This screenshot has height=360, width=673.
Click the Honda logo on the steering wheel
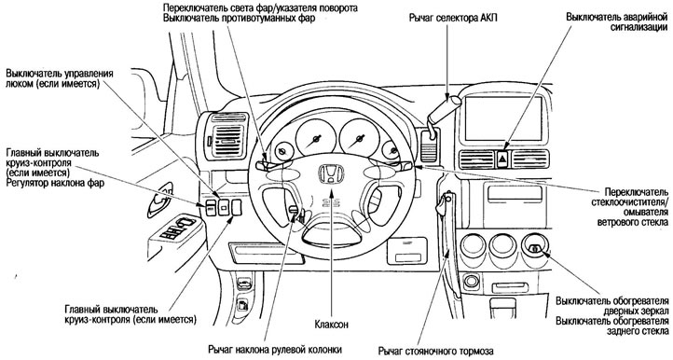click(x=330, y=174)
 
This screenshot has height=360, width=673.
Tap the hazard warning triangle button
click(x=502, y=159)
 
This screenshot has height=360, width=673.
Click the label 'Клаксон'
click(x=331, y=325)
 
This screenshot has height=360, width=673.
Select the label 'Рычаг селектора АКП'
click(x=453, y=19)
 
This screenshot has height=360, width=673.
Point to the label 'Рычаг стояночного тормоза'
click(x=436, y=351)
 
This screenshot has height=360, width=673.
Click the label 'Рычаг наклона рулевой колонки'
click(x=275, y=349)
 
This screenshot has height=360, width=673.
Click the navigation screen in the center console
click(x=503, y=119)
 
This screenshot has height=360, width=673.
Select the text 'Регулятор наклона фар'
click(x=55, y=184)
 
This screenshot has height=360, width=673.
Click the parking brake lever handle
click(x=443, y=202)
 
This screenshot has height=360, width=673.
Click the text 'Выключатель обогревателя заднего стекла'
click(x=612, y=326)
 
